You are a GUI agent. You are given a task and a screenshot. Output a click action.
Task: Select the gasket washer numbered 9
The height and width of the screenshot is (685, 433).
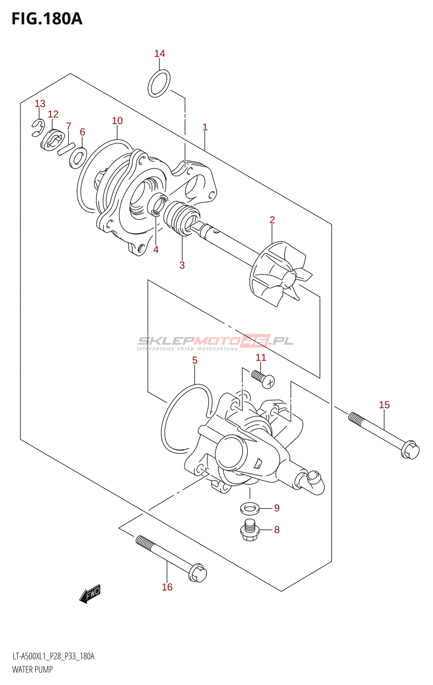tap(250, 509)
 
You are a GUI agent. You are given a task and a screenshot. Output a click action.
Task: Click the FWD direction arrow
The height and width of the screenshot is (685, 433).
tap(90, 594)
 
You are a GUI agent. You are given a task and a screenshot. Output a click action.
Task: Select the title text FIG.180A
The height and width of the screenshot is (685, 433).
tap(47, 19)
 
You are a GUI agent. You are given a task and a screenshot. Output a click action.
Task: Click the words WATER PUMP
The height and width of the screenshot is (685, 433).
tap(33, 670)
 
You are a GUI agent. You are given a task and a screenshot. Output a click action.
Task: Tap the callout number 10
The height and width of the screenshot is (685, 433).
tap(117, 121)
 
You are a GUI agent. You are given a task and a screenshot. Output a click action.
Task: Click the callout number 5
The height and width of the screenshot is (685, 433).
tap(195, 360)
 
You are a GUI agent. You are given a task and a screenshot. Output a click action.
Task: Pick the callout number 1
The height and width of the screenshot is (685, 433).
tap(205, 127)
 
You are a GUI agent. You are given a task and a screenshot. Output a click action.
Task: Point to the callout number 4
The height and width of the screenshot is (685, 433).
tap(156, 249)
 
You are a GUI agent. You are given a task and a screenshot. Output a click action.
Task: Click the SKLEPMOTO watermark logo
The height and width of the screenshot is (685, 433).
tap(215, 342)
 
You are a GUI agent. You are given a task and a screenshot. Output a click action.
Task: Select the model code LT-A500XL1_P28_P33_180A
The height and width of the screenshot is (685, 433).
tap(53, 656)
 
